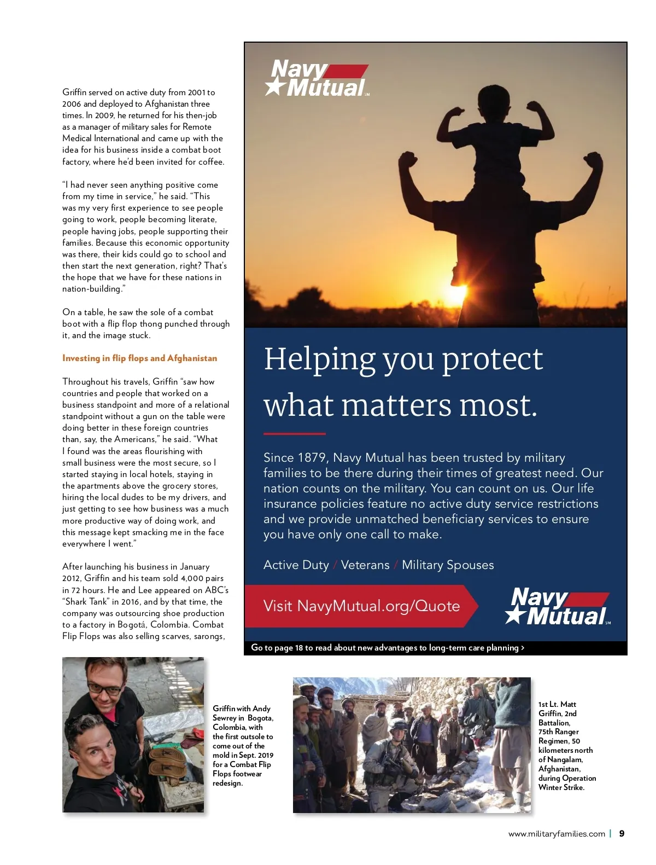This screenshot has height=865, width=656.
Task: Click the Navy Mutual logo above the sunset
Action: tap(317, 79)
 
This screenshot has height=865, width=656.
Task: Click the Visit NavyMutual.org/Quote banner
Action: tap(361, 606)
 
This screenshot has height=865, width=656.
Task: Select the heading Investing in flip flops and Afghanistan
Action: tap(139, 358)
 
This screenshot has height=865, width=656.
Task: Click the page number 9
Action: tap(622, 834)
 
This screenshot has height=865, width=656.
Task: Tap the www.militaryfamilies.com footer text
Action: tap(557, 834)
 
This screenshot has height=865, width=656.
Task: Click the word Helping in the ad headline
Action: tap(319, 359)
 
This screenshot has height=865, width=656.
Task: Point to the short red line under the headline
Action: tap(294, 434)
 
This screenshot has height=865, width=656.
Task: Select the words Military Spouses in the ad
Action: tap(448, 565)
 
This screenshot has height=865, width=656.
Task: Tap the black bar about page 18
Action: tap(435, 648)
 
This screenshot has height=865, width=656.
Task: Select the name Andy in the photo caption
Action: tap(261, 709)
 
